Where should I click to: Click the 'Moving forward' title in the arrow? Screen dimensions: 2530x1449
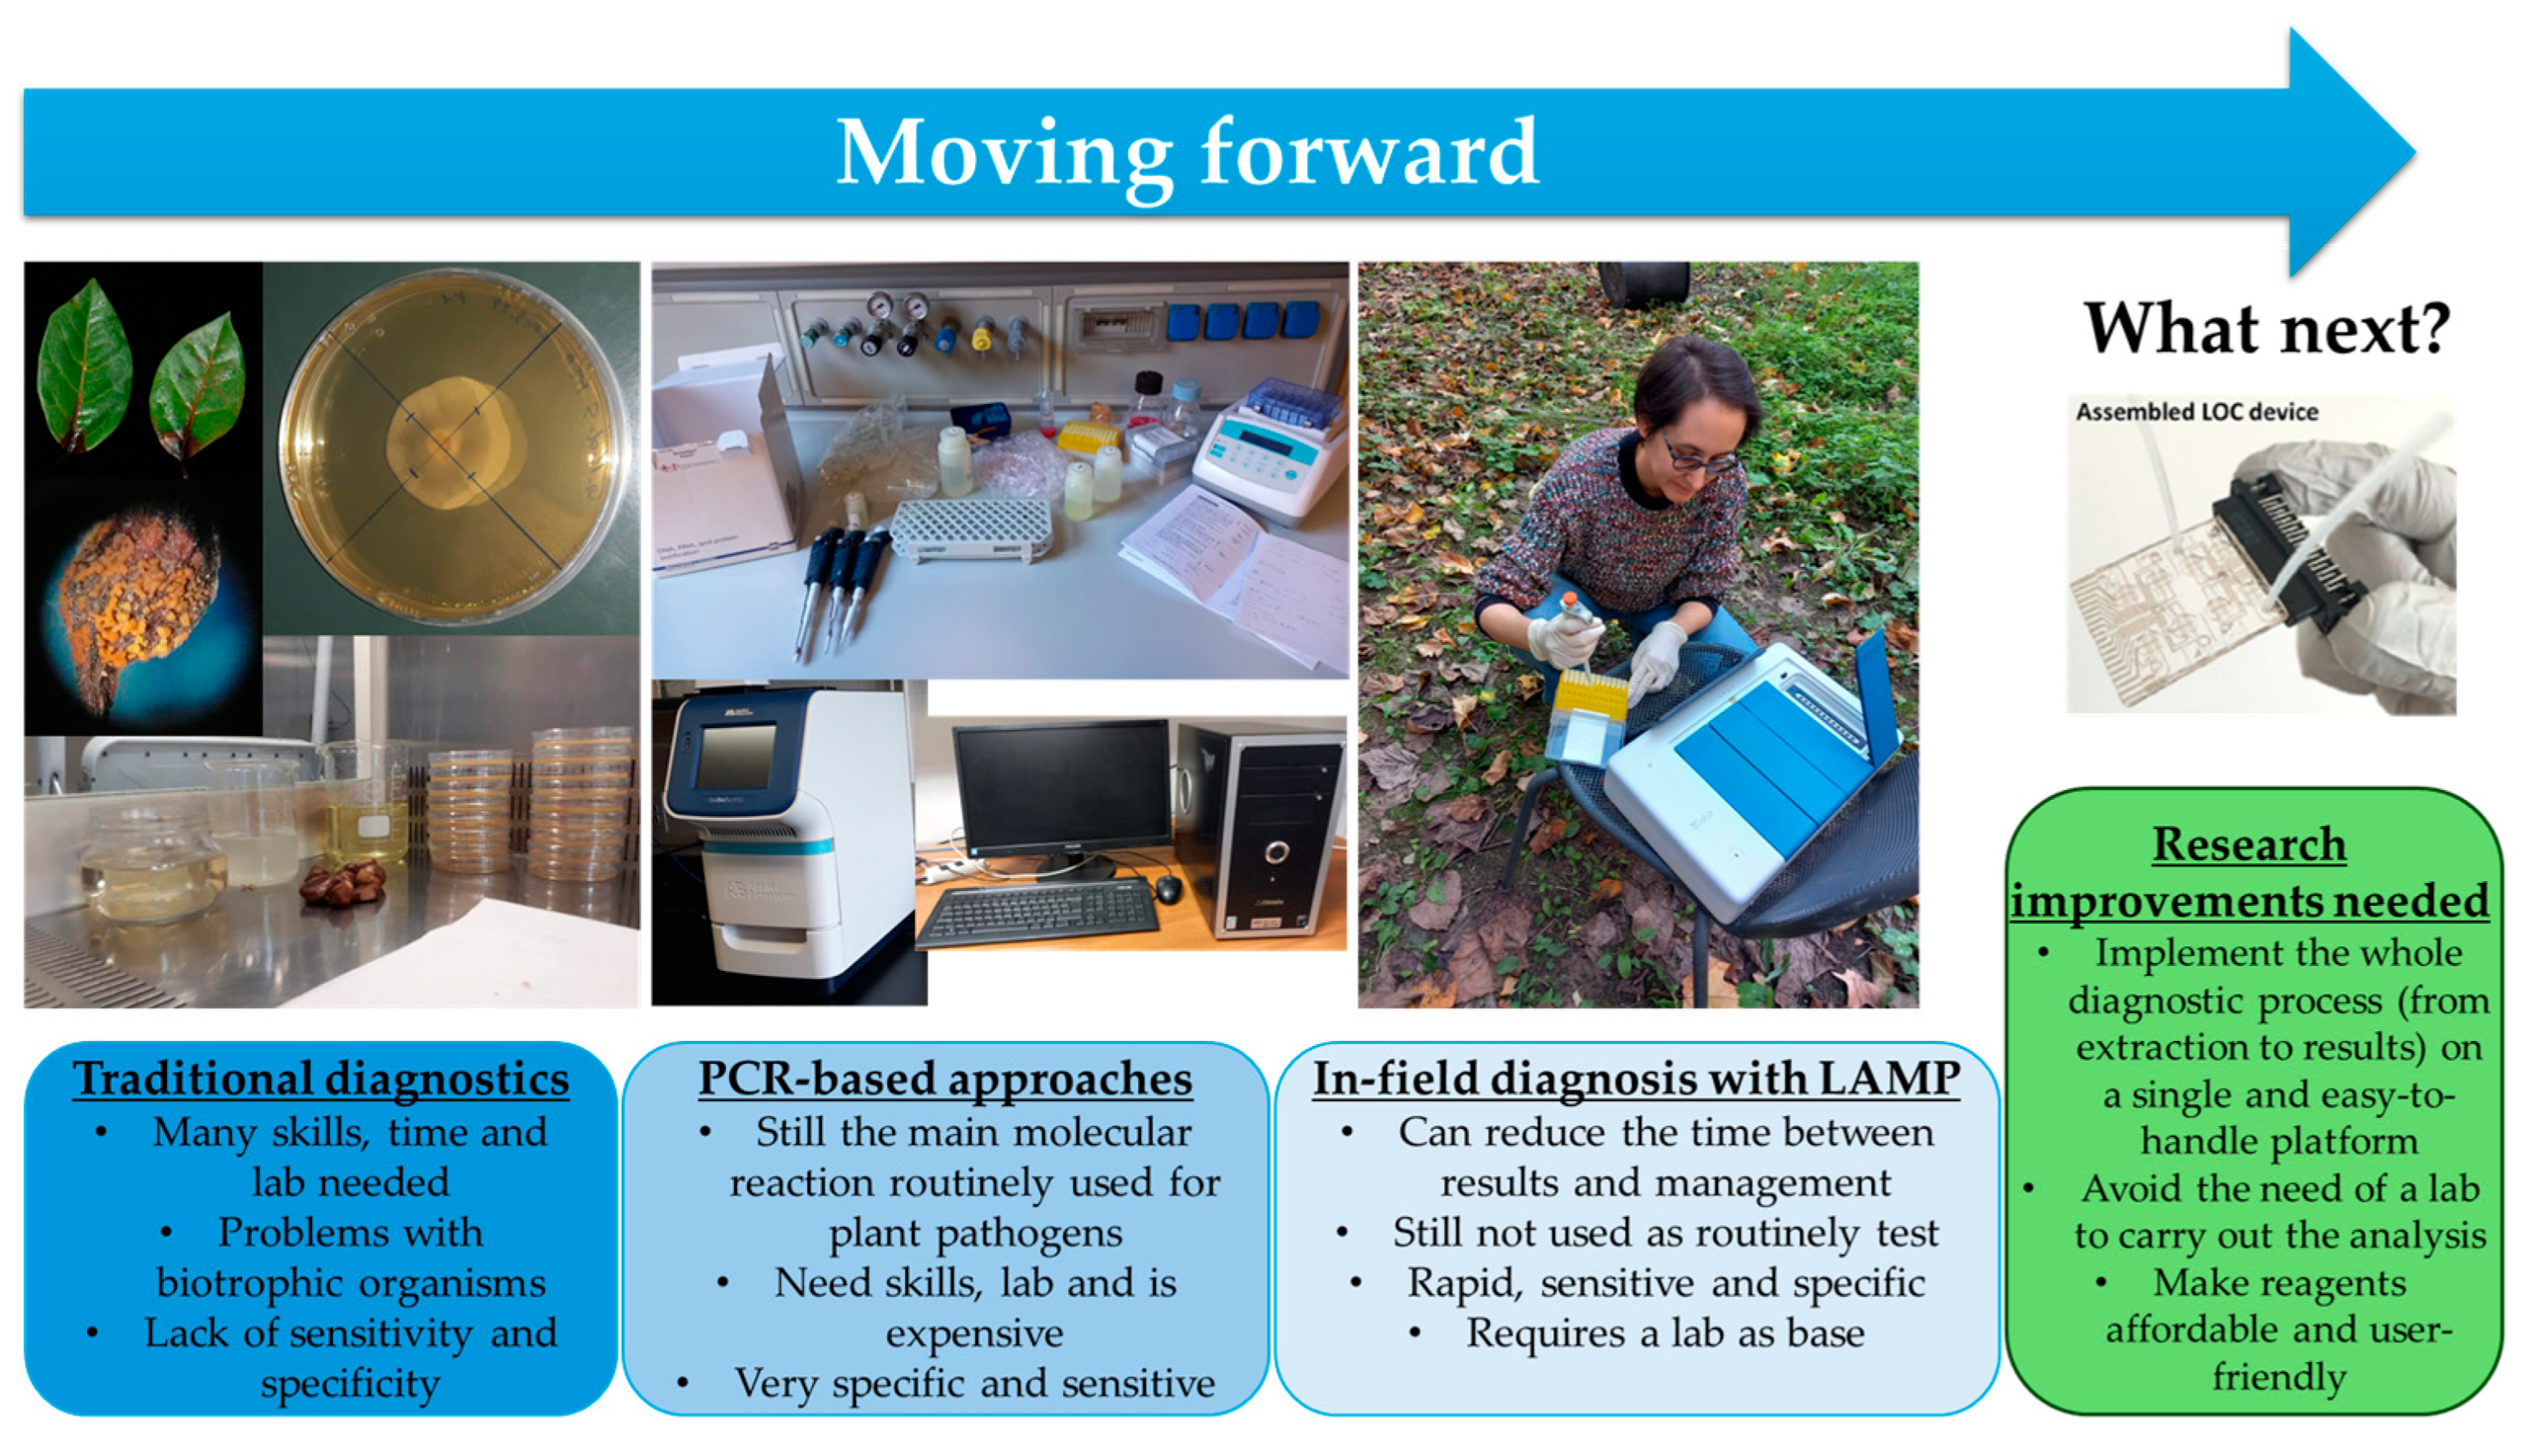[x=1187, y=153]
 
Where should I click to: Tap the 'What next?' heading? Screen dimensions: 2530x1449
[x=2268, y=328]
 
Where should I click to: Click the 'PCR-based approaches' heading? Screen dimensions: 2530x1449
[x=945, y=1079]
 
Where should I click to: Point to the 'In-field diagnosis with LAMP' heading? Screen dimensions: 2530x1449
[x=1636, y=1079]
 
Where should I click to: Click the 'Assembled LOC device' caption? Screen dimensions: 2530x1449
[x=2197, y=412]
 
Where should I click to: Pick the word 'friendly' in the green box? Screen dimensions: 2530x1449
[x=2279, y=1377]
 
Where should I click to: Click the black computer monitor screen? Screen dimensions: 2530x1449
[x=1061, y=784]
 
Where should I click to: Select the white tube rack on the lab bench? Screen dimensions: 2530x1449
[x=971, y=527]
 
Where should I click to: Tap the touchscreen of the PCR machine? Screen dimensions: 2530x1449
[x=736, y=756]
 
